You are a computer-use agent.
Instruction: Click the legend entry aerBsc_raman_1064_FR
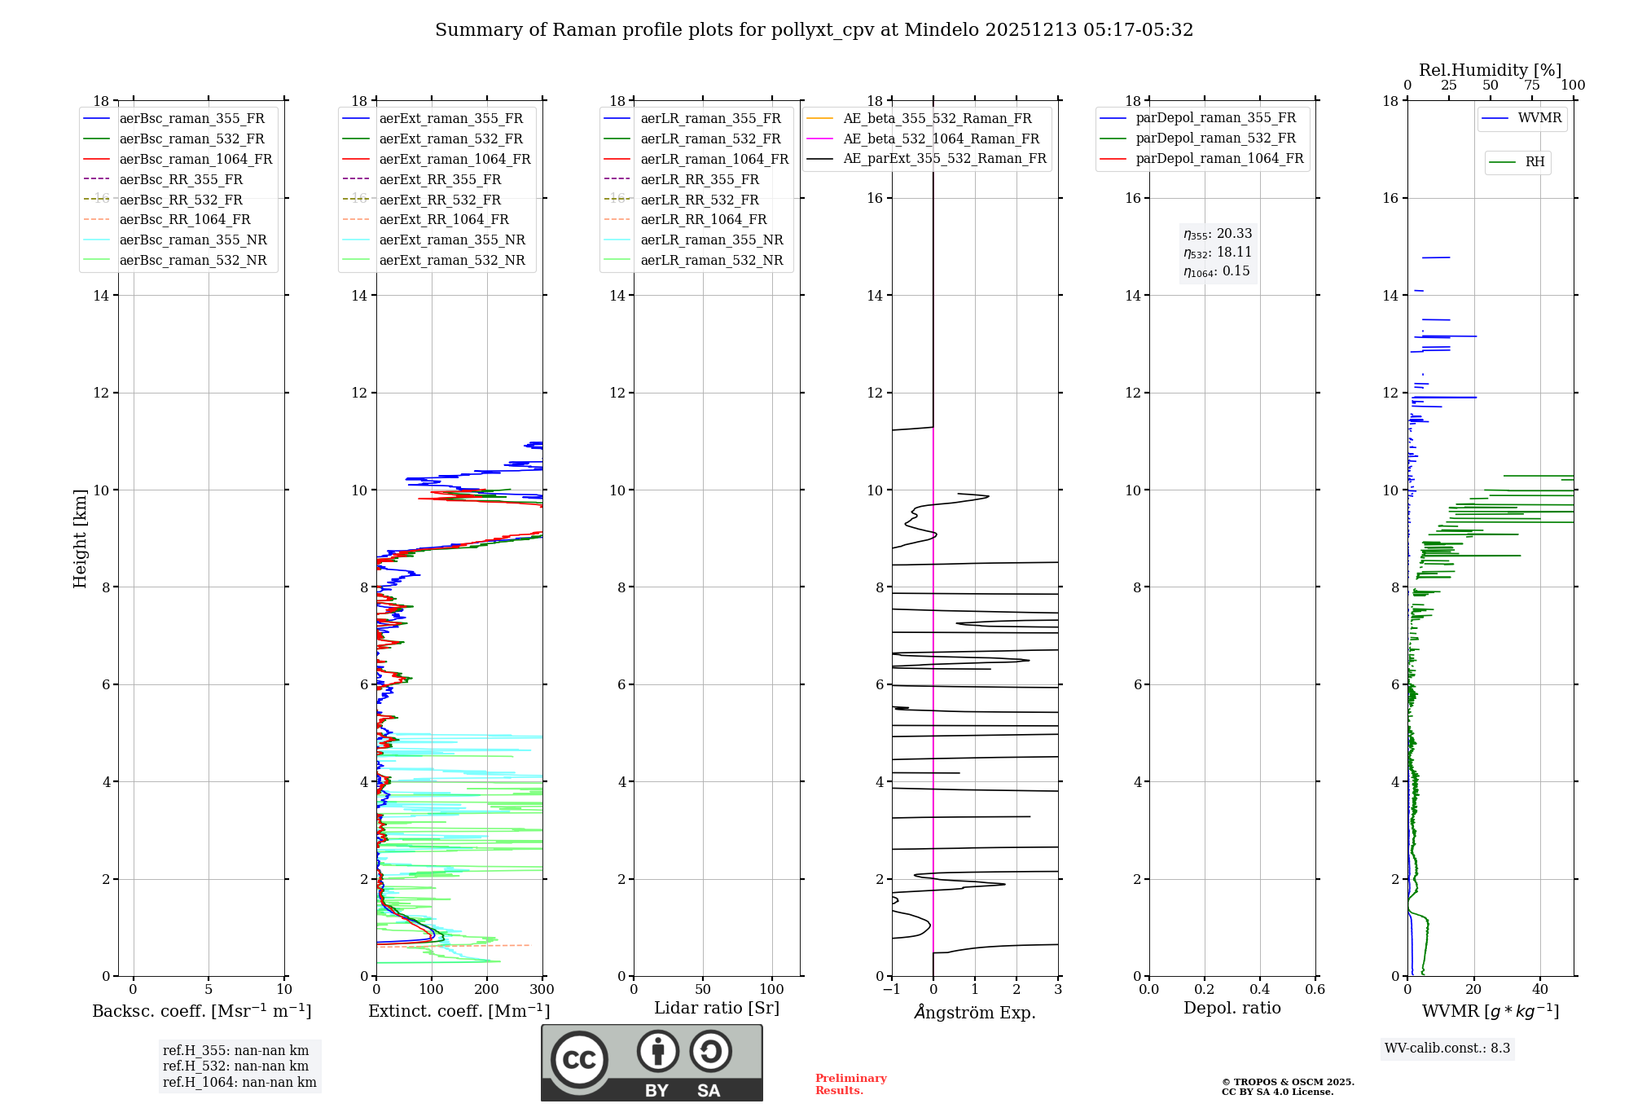(x=195, y=159)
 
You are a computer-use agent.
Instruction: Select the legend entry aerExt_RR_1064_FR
(x=444, y=219)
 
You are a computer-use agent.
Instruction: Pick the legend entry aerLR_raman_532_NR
(x=711, y=260)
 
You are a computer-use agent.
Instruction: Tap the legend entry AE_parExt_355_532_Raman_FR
(x=944, y=158)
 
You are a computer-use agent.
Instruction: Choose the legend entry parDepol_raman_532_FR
(x=1215, y=138)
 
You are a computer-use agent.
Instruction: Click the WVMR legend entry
(x=1539, y=118)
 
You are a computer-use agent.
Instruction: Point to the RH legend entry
(x=1535, y=162)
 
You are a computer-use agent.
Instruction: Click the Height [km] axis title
(x=80, y=538)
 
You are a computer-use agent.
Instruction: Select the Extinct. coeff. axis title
(x=459, y=1011)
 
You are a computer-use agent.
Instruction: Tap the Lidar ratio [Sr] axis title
(x=717, y=1008)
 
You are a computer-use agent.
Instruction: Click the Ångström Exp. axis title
(x=975, y=1012)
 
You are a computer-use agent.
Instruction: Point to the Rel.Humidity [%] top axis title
(x=1490, y=70)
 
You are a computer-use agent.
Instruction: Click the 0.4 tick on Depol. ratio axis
(x=1259, y=989)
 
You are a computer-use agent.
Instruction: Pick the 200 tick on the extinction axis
(x=486, y=989)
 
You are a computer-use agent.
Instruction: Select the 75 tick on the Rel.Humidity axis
(x=1531, y=85)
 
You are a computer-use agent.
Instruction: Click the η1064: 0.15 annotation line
(x=1217, y=271)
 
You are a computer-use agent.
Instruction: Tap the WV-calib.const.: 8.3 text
(x=1447, y=1048)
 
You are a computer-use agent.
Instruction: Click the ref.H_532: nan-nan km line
(x=235, y=1066)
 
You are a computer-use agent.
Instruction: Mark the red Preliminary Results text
(x=850, y=1084)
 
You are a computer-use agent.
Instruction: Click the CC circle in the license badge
(x=579, y=1060)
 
